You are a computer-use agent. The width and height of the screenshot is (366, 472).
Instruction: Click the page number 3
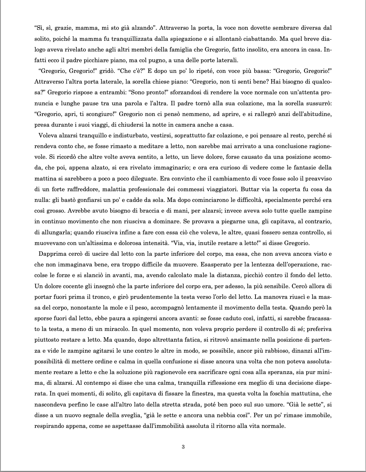tap(183, 447)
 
